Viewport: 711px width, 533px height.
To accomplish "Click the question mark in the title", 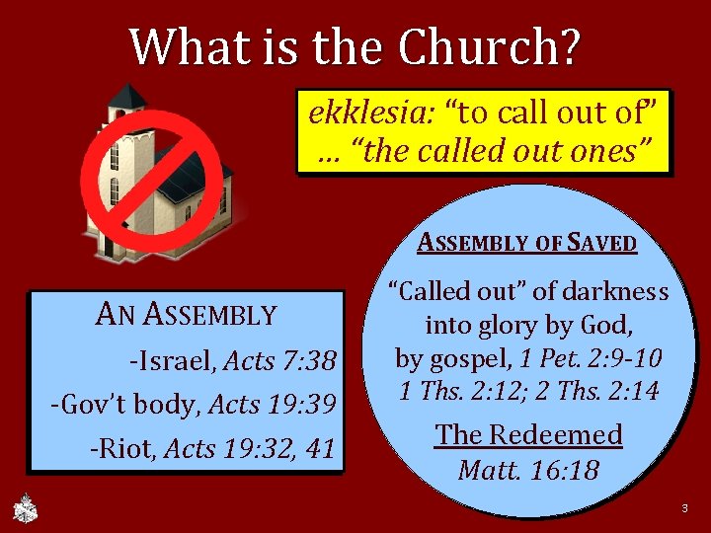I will point(570,44).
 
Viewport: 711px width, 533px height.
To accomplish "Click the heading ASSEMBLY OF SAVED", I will point(527,242).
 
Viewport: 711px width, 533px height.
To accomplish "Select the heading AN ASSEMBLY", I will point(186,315).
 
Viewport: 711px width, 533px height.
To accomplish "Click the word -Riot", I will point(124,449).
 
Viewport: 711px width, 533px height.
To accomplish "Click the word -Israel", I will point(173,361).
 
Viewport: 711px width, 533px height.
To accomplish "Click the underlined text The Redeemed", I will point(528,434).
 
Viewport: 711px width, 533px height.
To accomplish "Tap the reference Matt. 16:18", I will point(528,470).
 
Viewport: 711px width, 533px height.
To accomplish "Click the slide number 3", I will point(683,508).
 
